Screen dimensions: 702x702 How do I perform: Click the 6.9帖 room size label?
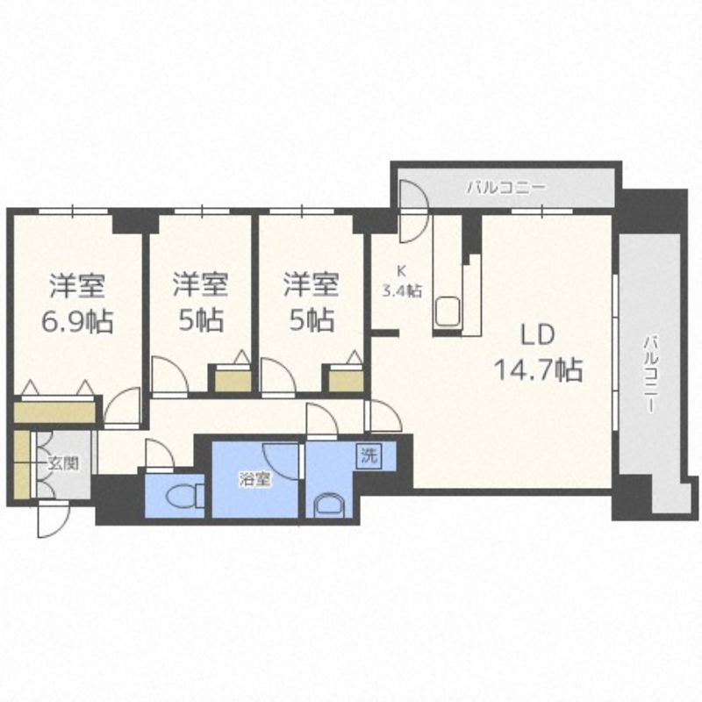(77, 321)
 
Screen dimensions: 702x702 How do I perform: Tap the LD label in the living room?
(537, 334)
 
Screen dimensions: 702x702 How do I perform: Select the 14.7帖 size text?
(538, 369)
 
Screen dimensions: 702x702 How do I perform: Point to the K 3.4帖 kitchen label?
(401, 282)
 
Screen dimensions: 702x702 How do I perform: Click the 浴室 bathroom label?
(254, 480)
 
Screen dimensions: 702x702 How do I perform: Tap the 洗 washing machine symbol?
(369, 455)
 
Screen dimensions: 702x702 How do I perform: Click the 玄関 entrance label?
(63, 463)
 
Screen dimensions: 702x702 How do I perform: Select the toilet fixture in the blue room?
(184, 495)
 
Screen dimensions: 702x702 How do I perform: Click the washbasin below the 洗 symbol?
(330, 505)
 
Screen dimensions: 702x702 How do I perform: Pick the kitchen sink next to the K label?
(447, 312)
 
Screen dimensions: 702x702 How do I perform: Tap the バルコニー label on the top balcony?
(506, 187)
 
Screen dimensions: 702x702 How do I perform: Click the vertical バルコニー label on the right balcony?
(650, 374)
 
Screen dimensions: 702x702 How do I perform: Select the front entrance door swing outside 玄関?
(53, 519)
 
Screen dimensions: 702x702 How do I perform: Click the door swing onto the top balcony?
(413, 211)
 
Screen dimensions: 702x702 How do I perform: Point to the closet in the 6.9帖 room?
(54, 412)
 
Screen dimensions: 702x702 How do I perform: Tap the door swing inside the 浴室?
(281, 462)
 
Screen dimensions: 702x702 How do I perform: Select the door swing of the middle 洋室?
(169, 376)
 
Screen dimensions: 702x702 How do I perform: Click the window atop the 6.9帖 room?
(73, 211)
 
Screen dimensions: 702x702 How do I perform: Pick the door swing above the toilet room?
(160, 454)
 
